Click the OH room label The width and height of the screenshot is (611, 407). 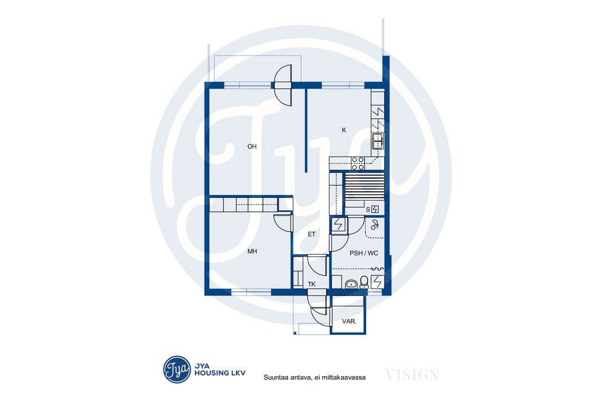click(252, 147)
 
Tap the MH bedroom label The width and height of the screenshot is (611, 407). click(252, 251)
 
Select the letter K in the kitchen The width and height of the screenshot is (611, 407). click(344, 130)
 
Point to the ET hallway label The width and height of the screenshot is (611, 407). click(311, 234)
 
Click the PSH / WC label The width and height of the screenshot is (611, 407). click(363, 254)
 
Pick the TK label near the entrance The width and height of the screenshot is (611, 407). click(312, 284)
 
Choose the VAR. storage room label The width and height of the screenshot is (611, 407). click(349, 321)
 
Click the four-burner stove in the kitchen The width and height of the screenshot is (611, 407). click(358, 163)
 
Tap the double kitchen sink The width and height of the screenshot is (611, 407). click(378, 141)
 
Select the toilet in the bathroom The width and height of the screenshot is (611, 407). click(365, 282)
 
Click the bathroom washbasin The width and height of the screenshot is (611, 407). click(351, 284)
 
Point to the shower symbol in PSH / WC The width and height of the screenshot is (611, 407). click(375, 224)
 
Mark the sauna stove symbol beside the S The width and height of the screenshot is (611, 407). click(375, 210)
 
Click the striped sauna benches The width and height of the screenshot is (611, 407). click(365, 186)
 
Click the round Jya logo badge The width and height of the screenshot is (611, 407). click(177, 369)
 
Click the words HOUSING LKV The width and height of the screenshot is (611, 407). click(220, 373)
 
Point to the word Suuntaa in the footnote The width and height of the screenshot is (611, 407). click(276, 377)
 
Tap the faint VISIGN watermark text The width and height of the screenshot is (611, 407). click(412, 375)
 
